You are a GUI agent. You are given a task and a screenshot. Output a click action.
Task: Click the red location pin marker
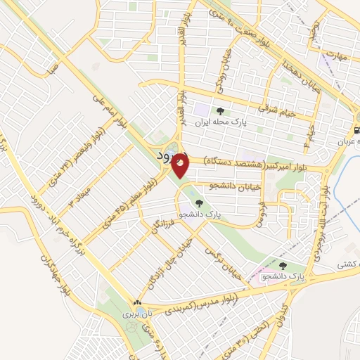tap(181, 165)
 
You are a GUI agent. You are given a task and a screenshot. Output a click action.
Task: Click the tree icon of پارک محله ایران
tap(221, 111)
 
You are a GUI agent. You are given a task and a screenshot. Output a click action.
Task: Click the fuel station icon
tap(356, 130)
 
